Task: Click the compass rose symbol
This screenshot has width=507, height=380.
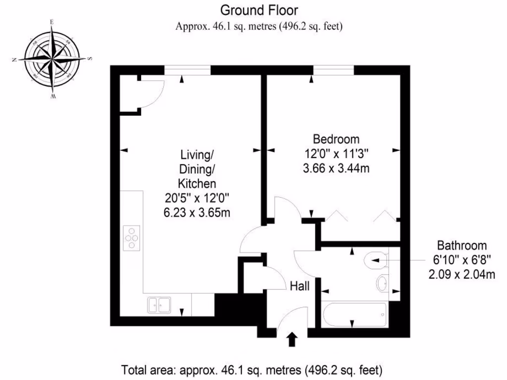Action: [51, 59]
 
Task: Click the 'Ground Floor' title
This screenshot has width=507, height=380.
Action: [259, 10]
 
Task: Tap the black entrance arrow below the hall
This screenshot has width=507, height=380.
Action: [292, 339]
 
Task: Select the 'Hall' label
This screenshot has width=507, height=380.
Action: [300, 286]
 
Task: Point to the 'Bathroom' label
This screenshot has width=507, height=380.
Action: [461, 245]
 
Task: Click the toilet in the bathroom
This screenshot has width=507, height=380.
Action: [377, 258]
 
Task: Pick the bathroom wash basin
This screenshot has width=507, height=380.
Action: [382, 284]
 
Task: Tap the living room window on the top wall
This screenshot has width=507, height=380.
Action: [187, 70]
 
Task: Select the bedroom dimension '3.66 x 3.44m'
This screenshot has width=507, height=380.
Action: [336, 168]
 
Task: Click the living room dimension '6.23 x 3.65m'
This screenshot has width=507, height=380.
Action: [197, 213]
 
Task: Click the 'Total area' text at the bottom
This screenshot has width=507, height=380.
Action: [252, 370]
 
